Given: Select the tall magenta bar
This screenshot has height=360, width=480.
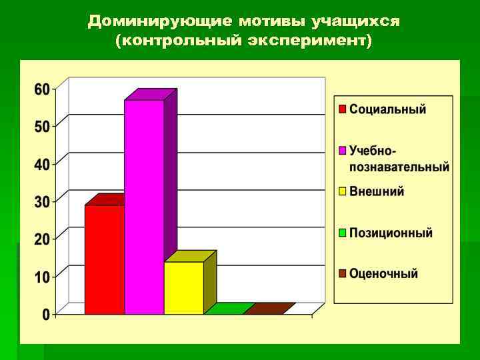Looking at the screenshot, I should click(x=144, y=207).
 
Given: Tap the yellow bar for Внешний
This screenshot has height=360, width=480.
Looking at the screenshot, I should click(x=183, y=287).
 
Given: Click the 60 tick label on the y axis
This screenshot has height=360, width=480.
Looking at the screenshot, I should click(x=42, y=89).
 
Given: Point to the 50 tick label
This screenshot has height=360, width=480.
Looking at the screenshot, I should click(x=42, y=127).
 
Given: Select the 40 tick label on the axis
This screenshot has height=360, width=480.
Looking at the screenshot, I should click(x=42, y=164).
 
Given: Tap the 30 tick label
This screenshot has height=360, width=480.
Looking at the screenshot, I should click(x=42, y=201).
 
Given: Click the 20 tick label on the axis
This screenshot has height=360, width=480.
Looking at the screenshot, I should click(x=42, y=239).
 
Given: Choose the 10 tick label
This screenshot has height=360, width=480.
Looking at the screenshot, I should click(x=42, y=277).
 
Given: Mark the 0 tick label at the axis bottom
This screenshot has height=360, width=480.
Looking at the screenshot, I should click(x=46, y=314).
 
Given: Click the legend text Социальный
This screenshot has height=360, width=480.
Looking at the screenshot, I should click(x=387, y=109).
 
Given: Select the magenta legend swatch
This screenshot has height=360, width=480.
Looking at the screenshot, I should click(x=342, y=151).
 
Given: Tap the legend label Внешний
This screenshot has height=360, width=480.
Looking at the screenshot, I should click(x=377, y=191).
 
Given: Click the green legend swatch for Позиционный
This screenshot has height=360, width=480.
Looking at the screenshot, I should click(x=342, y=233).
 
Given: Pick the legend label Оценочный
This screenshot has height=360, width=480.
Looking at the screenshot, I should click(x=383, y=273).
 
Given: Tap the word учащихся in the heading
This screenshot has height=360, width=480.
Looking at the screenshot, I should click(x=361, y=21).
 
